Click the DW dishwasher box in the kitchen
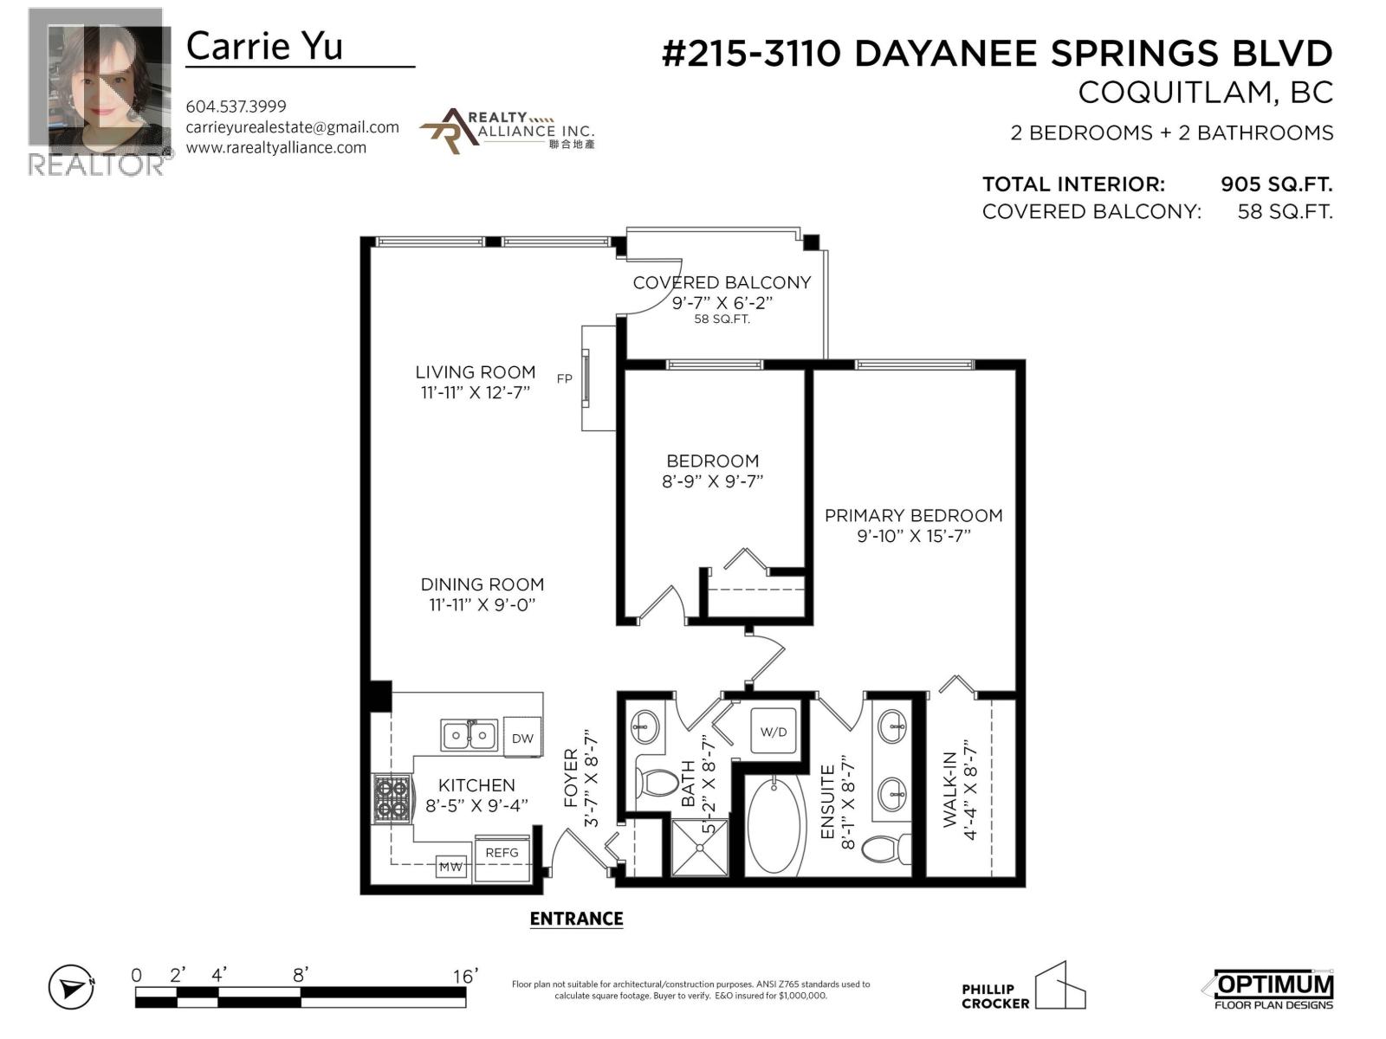tap(522, 738)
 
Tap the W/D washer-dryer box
tap(774, 732)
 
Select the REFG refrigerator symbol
tap(502, 853)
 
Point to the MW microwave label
tap(450, 866)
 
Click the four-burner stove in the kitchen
tap(392, 799)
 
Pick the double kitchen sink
tap(469, 735)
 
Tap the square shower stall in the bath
tap(701, 847)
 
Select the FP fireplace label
tap(564, 378)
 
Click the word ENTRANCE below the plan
tap(576, 919)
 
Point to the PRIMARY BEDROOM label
tap(913, 515)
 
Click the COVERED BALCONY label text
tap(721, 282)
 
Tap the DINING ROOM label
tap(482, 584)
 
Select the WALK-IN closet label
tap(949, 788)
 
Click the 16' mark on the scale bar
tap(464, 976)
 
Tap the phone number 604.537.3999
tap(236, 106)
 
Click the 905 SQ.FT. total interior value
tap(1275, 184)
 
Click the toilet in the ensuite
tap(885, 848)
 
